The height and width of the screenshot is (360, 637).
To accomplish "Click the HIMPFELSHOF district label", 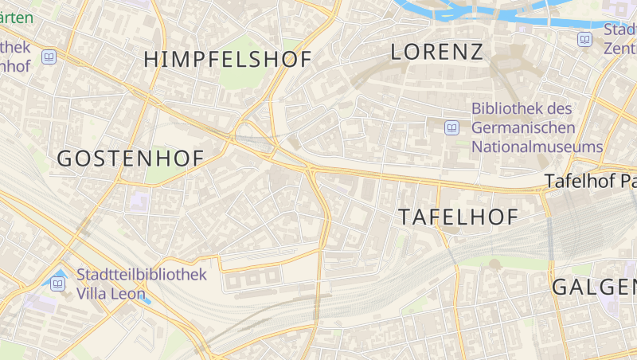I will pyautogui.click(x=227, y=58).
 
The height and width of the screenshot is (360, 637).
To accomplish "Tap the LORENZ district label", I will pyautogui.click(x=437, y=53).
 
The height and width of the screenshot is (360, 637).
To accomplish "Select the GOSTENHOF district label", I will pyautogui.click(x=131, y=158).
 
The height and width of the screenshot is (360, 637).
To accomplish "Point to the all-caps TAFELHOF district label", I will pyautogui.click(x=458, y=216).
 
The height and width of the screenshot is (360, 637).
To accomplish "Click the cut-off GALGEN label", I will pyautogui.click(x=594, y=287).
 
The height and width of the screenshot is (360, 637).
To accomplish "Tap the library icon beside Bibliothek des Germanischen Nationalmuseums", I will pyautogui.click(x=452, y=127).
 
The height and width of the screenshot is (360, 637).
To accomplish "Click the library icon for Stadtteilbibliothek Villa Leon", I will pyautogui.click(x=58, y=284).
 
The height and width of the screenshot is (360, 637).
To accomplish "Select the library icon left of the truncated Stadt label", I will pyautogui.click(x=585, y=38).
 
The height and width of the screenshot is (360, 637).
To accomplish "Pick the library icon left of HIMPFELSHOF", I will pyautogui.click(x=49, y=57).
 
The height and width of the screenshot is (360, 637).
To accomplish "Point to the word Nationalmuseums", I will pyautogui.click(x=537, y=147).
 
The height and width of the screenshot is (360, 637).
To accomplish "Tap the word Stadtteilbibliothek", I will pyautogui.click(x=142, y=275).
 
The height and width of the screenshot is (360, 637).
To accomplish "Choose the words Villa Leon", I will pyautogui.click(x=111, y=294).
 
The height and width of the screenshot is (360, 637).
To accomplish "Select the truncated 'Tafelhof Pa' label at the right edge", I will pyautogui.click(x=590, y=182).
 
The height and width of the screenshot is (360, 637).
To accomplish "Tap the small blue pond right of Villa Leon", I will pyautogui.click(x=145, y=301).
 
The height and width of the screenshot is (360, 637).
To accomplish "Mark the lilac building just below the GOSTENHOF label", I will pyautogui.click(x=139, y=198).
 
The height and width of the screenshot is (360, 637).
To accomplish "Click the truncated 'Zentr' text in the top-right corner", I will pyautogui.click(x=620, y=48).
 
